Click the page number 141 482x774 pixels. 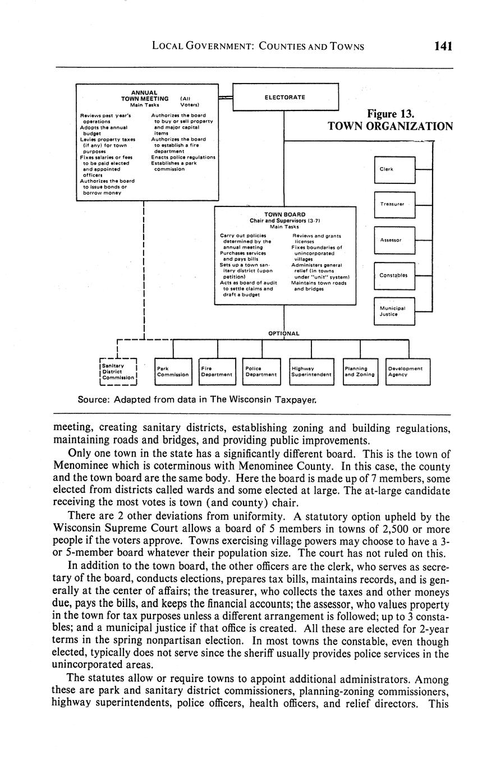(442, 46)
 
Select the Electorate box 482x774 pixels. (285, 97)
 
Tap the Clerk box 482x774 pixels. (394, 169)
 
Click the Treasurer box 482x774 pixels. (394, 205)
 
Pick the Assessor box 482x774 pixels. (394, 240)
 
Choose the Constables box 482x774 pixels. (394, 275)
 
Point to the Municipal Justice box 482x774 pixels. (394, 311)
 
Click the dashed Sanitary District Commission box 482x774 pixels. (118, 372)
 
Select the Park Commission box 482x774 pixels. (173, 371)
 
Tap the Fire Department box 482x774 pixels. (217, 371)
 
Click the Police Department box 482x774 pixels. (261, 371)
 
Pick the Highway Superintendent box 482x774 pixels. (311, 371)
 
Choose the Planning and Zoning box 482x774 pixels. (360, 371)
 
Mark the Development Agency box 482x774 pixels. (408, 371)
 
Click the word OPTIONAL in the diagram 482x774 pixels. (283, 333)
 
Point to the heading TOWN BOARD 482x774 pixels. (285, 214)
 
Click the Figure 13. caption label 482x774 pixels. (391, 114)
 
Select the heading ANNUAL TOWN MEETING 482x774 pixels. (145, 95)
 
